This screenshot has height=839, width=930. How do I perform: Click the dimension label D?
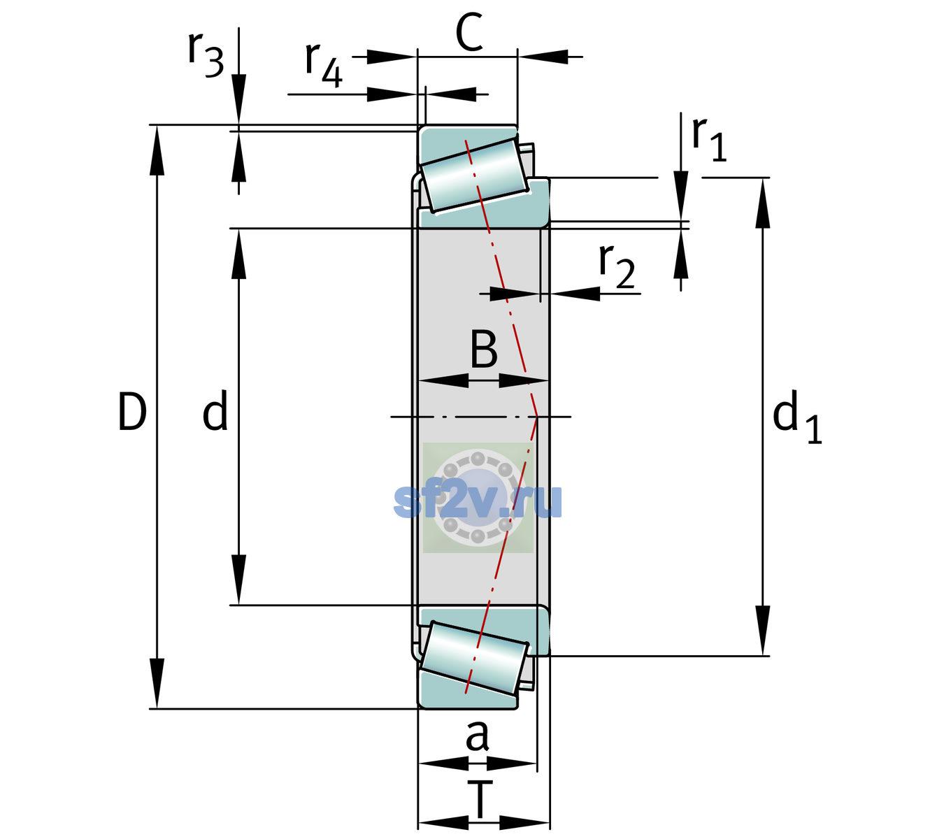(132, 412)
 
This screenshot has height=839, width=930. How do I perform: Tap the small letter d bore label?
(215, 410)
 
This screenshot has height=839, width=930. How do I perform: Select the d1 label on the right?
(796, 416)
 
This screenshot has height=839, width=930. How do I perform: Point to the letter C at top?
(469, 32)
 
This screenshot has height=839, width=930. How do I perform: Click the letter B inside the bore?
(484, 349)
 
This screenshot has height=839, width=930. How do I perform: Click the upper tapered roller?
(473, 175)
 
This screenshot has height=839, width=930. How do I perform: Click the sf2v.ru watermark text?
(478, 501)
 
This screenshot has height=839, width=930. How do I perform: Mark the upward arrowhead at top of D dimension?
(157, 150)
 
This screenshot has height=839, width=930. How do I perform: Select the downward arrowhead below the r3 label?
(238, 99)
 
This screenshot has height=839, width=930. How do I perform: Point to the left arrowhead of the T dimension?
(443, 823)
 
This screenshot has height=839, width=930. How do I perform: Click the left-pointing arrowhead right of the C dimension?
(543, 57)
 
